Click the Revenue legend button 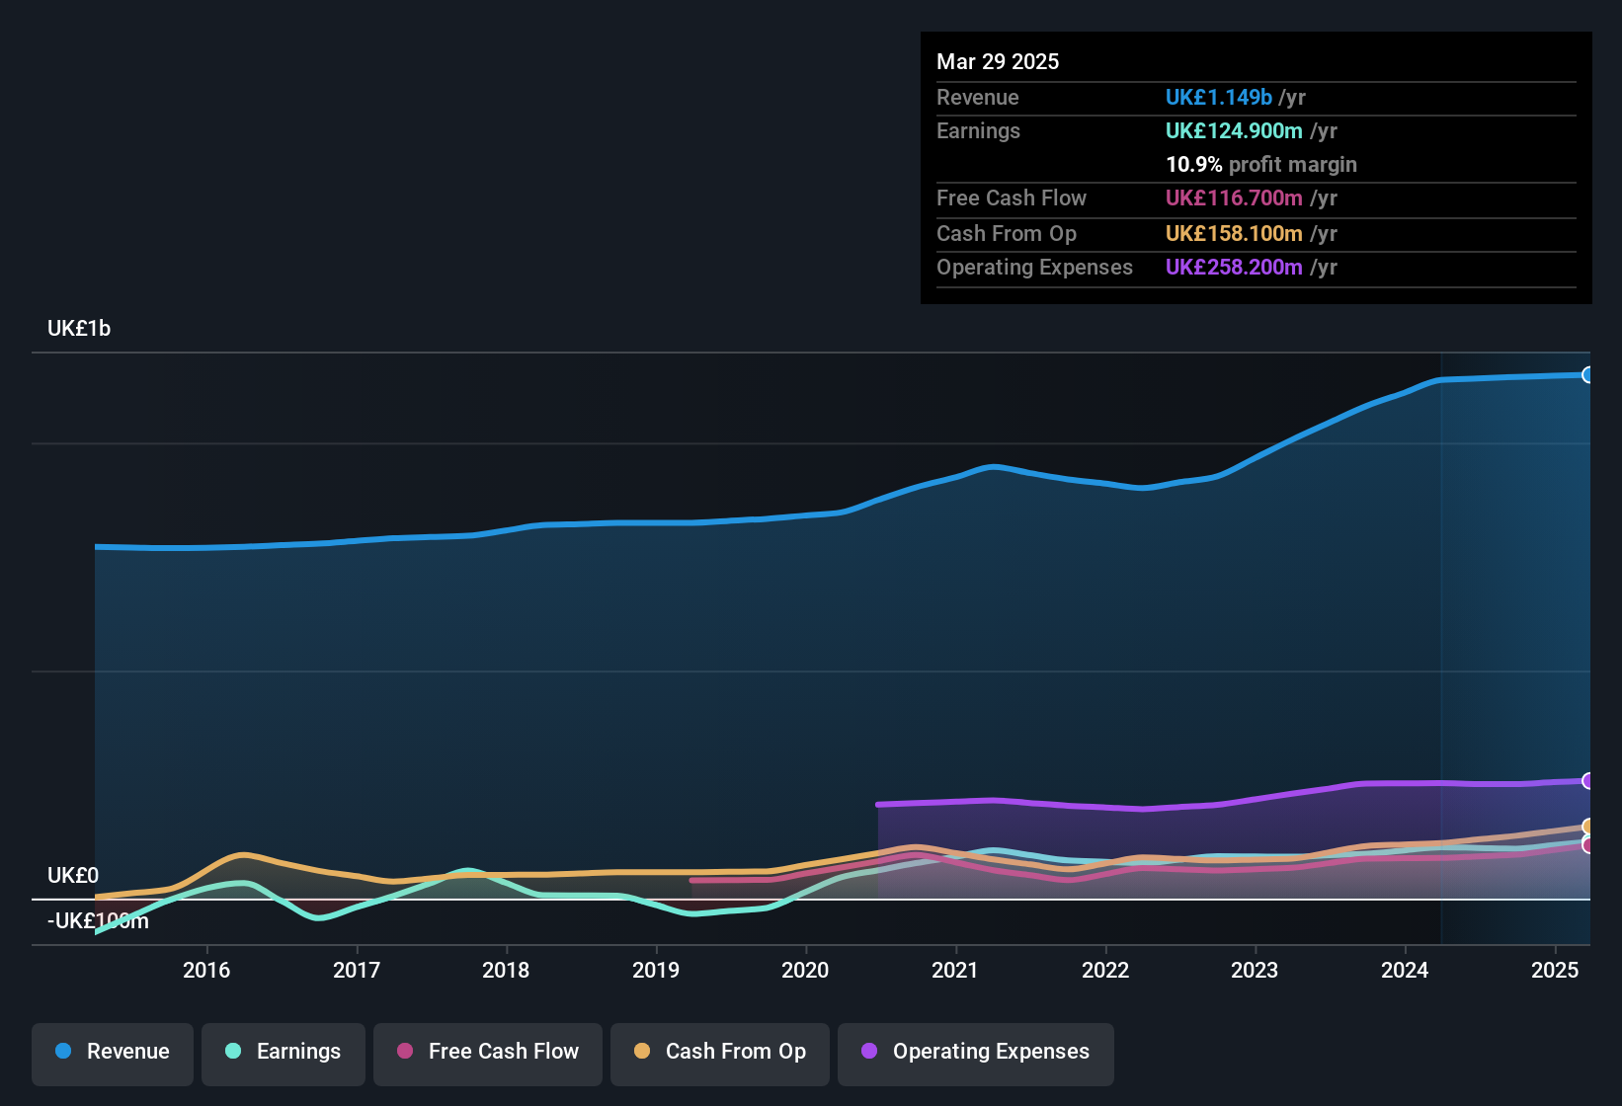tap(113, 1052)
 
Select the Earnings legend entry tap(284, 1052)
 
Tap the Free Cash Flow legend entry tap(488, 1052)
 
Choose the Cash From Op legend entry tap(720, 1052)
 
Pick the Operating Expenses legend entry tap(976, 1052)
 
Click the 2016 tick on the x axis tap(206, 970)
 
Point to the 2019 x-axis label tap(656, 970)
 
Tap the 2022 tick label tap(1105, 970)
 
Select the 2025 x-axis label tap(1555, 970)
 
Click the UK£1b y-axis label tap(79, 329)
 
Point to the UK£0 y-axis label tap(73, 876)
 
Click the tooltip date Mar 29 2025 tap(998, 62)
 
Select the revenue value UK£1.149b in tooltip tap(1218, 98)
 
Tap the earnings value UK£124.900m tap(1234, 131)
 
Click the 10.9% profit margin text tap(1260, 165)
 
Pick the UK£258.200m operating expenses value tap(1234, 268)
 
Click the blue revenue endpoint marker tap(1587, 375)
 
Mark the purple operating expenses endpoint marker tap(1587, 781)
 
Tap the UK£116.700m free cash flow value tap(1234, 198)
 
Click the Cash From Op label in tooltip tap(1006, 234)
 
